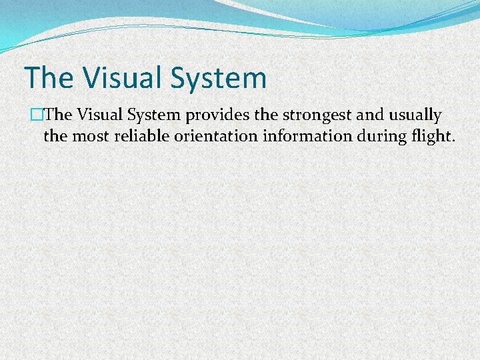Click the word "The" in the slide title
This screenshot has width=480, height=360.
(49, 77)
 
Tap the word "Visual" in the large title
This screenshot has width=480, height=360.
(121, 77)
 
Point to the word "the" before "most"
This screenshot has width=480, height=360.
(55, 137)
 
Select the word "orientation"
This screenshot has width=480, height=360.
(209, 137)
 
